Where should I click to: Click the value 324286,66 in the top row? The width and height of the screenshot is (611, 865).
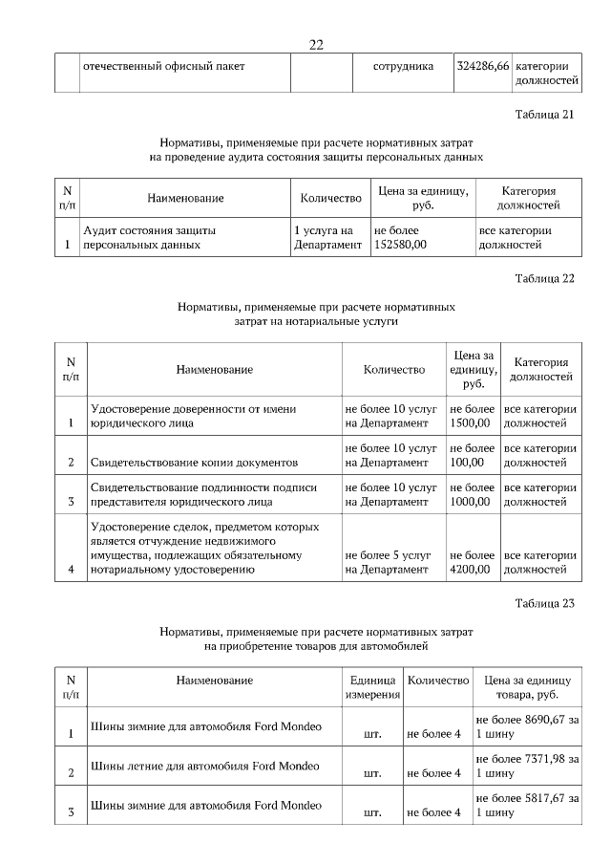[483, 67]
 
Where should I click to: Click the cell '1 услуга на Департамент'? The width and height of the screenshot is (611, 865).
[328, 237]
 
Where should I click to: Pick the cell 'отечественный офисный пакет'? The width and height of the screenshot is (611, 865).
[164, 67]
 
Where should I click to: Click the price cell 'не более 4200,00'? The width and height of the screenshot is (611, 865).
[471, 561]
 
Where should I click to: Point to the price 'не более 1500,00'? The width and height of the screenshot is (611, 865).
[471, 415]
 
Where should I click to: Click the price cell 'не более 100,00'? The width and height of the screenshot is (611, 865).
[471, 454]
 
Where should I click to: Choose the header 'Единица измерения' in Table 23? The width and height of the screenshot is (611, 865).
[371, 686]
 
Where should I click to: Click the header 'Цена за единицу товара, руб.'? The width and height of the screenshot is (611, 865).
[526, 686]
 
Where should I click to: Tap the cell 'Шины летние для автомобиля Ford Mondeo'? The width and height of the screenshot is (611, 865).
[205, 767]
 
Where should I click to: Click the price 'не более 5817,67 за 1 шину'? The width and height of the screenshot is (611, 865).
[526, 806]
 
